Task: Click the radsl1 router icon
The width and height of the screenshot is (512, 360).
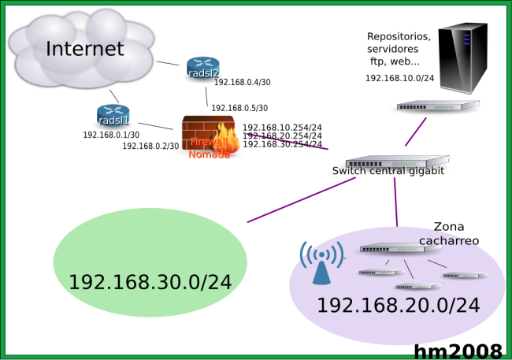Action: click(113, 117)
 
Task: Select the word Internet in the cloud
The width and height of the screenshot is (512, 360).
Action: click(85, 49)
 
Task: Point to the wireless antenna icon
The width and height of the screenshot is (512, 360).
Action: click(321, 263)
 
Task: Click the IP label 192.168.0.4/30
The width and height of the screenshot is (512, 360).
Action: click(242, 83)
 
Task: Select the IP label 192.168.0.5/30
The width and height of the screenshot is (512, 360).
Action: click(239, 108)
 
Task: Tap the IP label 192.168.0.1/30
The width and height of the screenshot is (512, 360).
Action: click(111, 135)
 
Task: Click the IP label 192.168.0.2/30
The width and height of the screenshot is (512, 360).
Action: click(150, 146)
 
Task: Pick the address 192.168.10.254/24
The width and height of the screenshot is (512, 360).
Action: click(282, 128)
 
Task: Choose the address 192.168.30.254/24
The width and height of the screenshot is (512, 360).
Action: click(282, 144)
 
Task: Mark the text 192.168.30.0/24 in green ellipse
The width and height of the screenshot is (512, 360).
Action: click(150, 281)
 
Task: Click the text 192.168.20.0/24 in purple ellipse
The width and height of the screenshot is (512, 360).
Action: click(398, 305)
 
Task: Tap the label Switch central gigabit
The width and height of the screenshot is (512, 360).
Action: click(388, 171)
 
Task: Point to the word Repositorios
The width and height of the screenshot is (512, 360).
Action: click(399, 36)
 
